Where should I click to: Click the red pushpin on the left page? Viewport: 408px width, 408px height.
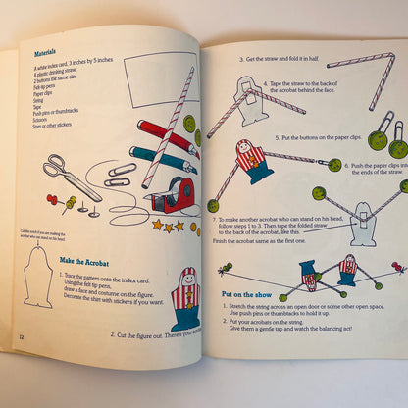pos(52,199)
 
